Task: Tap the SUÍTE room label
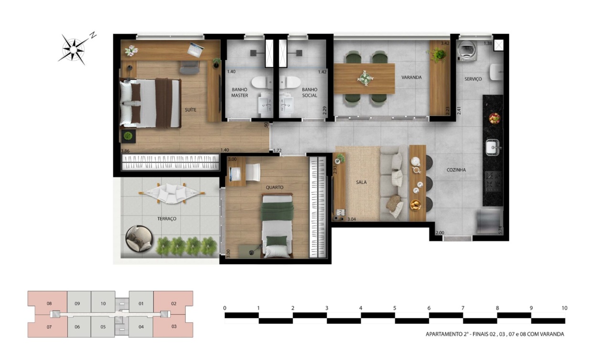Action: pos(190,110)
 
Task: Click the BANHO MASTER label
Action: pos(240,93)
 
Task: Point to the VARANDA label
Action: pos(411,77)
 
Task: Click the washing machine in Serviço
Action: pos(467,51)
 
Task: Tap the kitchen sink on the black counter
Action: pos(493,147)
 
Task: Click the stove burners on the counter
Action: pos(493,181)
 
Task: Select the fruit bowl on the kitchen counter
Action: pos(494,118)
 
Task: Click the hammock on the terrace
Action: pos(172,193)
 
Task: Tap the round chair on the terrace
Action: pos(139,239)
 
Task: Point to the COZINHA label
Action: pos(456,170)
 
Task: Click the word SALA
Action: pos(361,182)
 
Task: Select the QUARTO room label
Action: pos(274,187)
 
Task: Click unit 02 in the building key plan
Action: pos(174,303)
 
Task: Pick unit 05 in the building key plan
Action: pos(103,327)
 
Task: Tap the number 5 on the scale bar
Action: pos(395,308)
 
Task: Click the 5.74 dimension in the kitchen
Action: pos(500,230)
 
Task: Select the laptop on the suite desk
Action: pos(196,50)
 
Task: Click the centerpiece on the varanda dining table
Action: pos(365,78)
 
